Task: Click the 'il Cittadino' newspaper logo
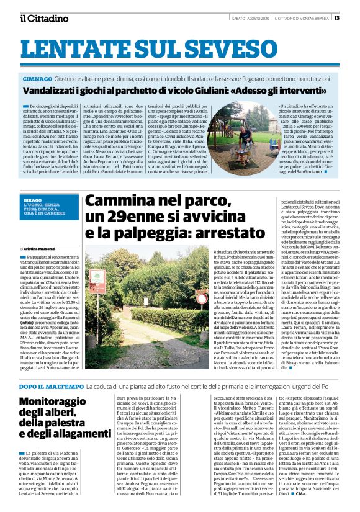43,18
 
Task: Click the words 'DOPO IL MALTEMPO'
47,369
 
